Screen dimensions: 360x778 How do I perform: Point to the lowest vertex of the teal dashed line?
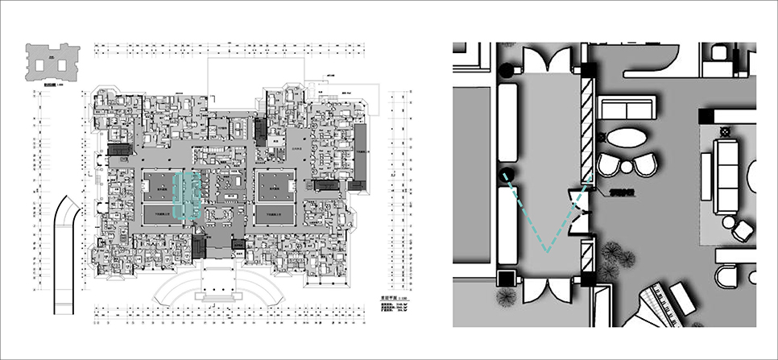click(548, 252)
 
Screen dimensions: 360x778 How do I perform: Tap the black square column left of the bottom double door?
click(507, 279)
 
